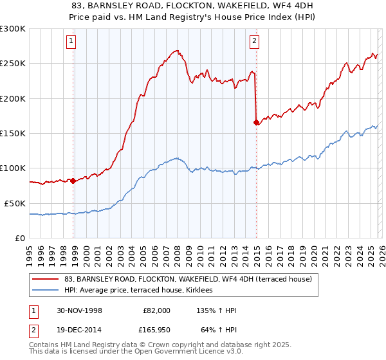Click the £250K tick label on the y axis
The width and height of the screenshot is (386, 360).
[x=13, y=64]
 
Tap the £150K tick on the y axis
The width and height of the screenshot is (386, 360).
[x=13, y=133]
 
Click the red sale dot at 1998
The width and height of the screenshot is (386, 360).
[x=73, y=181]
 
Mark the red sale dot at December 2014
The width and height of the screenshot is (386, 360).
[x=257, y=122]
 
